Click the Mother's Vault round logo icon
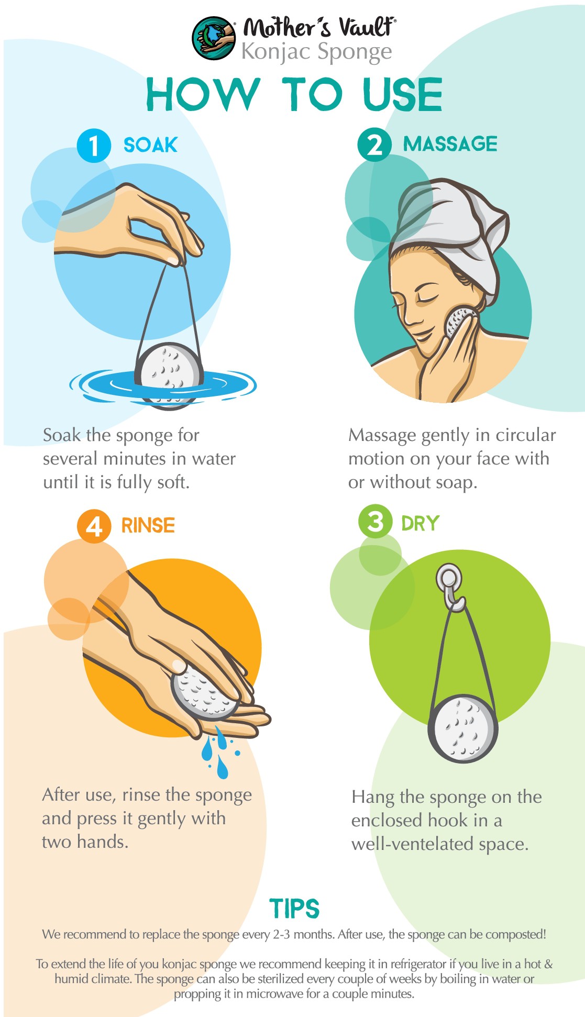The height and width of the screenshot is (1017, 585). click(x=214, y=38)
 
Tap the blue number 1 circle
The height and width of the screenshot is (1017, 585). click(x=94, y=146)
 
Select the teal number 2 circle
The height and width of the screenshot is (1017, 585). click(x=375, y=144)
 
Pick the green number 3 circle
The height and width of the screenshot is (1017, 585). click(x=375, y=522)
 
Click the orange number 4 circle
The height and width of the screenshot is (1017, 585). click(x=94, y=526)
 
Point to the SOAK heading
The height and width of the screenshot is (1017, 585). click(x=150, y=145)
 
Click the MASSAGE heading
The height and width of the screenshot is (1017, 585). click(x=450, y=144)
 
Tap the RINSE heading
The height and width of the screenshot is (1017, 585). click(x=148, y=525)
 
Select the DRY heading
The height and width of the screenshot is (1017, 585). click(x=420, y=523)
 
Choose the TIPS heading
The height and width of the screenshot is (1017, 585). click(x=294, y=909)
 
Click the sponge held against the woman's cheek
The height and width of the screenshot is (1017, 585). click(x=459, y=322)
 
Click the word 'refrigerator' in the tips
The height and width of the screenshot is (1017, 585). click(x=423, y=964)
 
